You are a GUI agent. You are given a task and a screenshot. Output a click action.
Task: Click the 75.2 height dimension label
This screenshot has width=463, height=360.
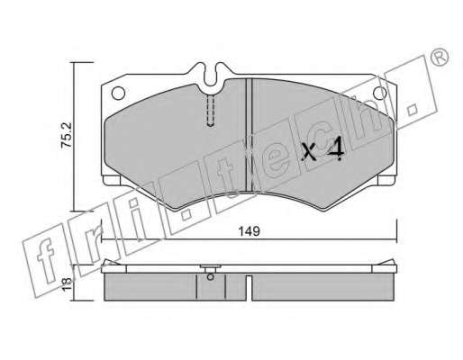pos(67,134)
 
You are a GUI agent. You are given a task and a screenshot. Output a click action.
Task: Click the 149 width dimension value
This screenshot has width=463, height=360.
pos(249,231)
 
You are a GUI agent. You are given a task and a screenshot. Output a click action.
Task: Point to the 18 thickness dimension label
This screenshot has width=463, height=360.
pos(67,283)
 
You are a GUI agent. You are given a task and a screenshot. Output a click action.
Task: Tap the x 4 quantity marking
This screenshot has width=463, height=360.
pos(322,149)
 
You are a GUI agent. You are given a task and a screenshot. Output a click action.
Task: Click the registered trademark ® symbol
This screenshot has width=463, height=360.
pos(440,58)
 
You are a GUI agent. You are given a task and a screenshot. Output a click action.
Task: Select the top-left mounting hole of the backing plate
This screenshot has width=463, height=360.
pos(118,93)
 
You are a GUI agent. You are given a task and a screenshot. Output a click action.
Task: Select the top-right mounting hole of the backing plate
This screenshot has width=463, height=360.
pos(379,93)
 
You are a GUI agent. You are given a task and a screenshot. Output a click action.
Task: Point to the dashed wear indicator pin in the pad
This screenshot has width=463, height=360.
pos(211,111)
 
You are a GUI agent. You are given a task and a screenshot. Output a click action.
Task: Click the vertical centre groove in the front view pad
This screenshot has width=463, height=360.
pos(249,135)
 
